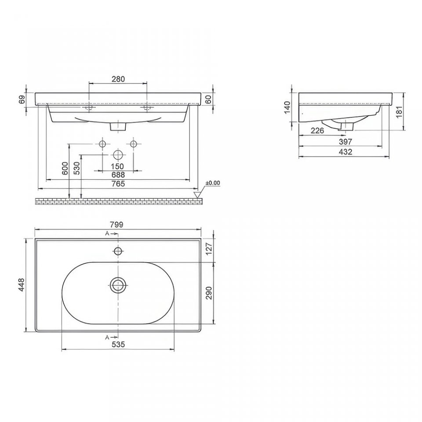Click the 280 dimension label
[118, 79]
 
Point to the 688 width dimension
[118, 175]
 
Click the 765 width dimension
[118, 184]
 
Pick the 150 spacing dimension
[118, 167]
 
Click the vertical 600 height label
[65, 168]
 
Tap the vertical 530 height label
[77, 168]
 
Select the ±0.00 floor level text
[213, 183]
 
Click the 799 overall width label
[117, 225]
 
